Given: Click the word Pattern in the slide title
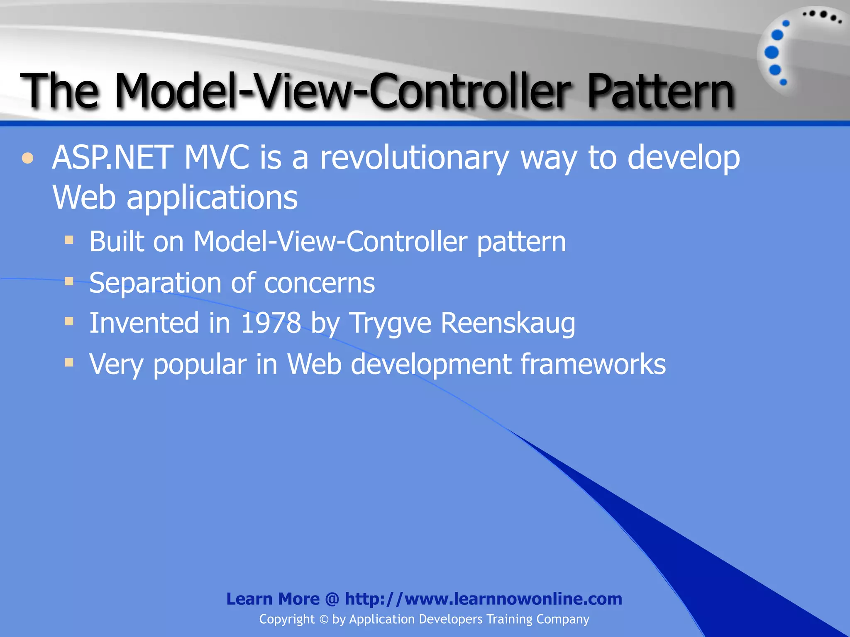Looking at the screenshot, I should tap(660, 91).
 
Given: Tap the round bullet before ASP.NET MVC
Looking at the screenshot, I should tap(27, 158).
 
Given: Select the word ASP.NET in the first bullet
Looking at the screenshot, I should tap(112, 158).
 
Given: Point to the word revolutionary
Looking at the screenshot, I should tap(414, 158).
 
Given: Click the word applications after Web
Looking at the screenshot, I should tap(212, 198).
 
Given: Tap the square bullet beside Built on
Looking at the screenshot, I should tap(69, 240).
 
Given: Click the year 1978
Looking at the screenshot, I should tap(271, 323).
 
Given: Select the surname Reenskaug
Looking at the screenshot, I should tap(508, 323).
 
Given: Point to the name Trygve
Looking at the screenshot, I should tap(391, 323).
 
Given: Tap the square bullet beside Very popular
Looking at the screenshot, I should tap(69, 363).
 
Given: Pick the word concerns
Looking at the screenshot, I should tap(319, 283).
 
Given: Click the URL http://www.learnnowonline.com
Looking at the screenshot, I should tap(483, 599).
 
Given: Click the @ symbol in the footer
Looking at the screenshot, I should tap(332, 599).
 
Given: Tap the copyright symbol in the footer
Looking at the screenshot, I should tap(324, 620).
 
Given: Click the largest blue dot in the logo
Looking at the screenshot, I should tap(772, 53).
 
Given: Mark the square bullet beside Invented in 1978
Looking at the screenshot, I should tap(69, 321).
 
